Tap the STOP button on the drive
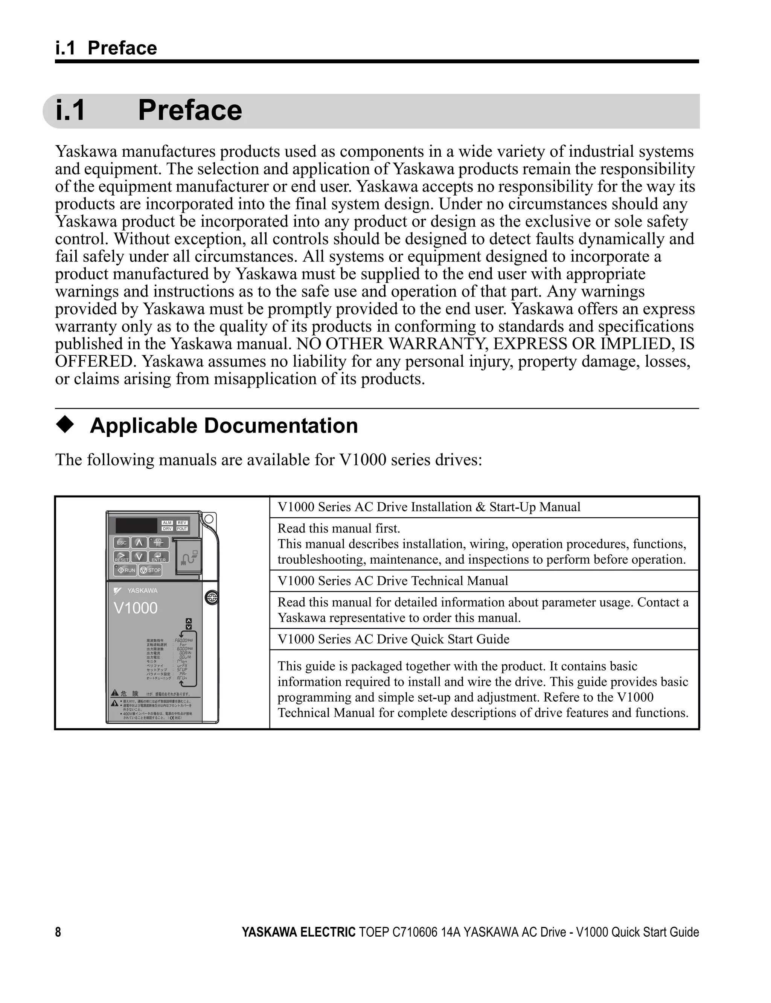click(x=151, y=570)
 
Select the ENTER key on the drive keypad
click(x=159, y=557)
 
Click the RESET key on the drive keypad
click(x=121, y=557)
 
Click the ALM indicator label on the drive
click(x=167, y=523)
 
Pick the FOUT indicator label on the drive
click(x=182, y=529)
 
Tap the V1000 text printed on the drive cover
click(x=136, y=608)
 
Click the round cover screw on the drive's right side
click(x=212, y=598)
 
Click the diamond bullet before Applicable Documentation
click(x=65, y=425)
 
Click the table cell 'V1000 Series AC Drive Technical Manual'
click(x=393, y=581)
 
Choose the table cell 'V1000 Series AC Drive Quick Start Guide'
click(x=393, y=639)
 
